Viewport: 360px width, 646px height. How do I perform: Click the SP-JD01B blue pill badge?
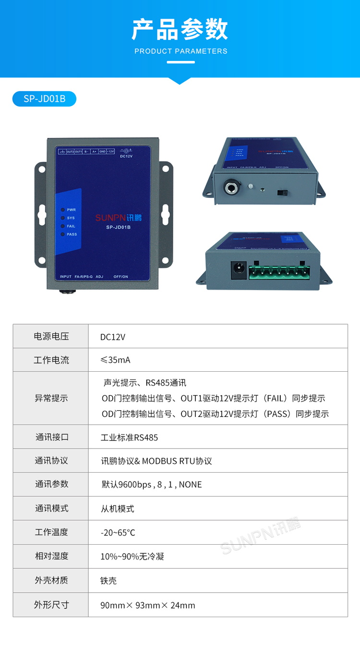[44, 99]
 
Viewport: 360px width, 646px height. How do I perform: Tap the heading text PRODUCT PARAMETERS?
[180, 51]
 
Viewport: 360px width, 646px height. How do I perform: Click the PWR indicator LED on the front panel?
[63, 210]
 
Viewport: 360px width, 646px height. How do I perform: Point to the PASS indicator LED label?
[72, 234]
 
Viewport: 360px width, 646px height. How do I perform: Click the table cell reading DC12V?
[113, 337]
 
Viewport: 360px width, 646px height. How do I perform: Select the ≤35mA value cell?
[115, 360]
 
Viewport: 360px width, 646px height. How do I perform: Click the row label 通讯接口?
[51, 437]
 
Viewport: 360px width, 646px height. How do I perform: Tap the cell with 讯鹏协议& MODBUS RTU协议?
[156, 461]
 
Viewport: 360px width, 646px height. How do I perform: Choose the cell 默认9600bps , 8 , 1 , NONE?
[152, 485]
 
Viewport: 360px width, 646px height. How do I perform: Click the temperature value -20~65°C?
[118, 533]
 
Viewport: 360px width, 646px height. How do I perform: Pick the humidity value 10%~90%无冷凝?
[132, 557]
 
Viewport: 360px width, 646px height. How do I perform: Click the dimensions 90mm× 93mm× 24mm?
[148, 605]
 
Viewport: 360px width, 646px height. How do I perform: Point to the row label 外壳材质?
[51, 581]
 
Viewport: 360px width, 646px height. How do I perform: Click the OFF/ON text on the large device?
[121, 277]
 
